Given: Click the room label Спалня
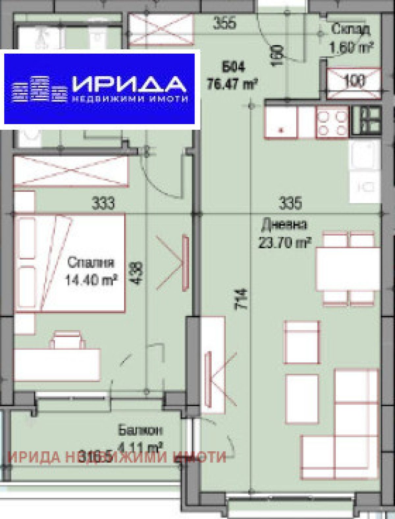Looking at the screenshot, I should [91, 263].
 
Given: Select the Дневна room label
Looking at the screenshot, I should [284, 225].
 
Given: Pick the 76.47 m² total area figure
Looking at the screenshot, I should [232, 84].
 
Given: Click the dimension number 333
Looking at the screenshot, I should [103, 203].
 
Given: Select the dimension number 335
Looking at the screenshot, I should [290, 203].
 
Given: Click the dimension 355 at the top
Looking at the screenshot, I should [224, 24].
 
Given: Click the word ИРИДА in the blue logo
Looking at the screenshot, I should [128, 84].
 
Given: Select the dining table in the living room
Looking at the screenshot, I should [348, 269].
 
